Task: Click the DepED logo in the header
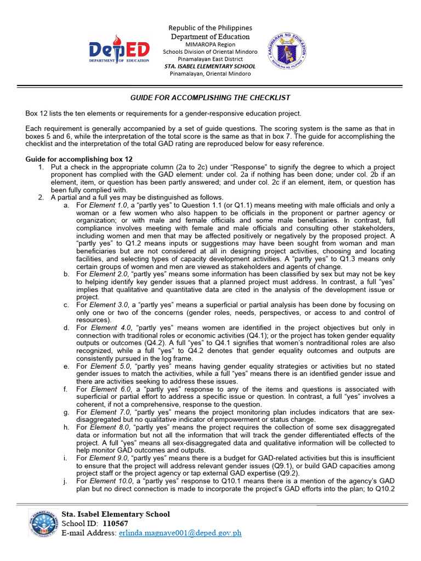(120, 51)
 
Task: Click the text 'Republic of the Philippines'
(210, 28)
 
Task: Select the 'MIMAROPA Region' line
(210, 44)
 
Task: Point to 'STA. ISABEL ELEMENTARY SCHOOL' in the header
(210, 66)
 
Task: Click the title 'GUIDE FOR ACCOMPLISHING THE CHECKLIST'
(210, 98)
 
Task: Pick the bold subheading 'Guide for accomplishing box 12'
(79, 159)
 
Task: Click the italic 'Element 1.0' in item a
(107, 205)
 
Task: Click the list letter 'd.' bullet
(66, 327)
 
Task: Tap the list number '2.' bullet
(41, 197)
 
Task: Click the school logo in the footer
(42, 524)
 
